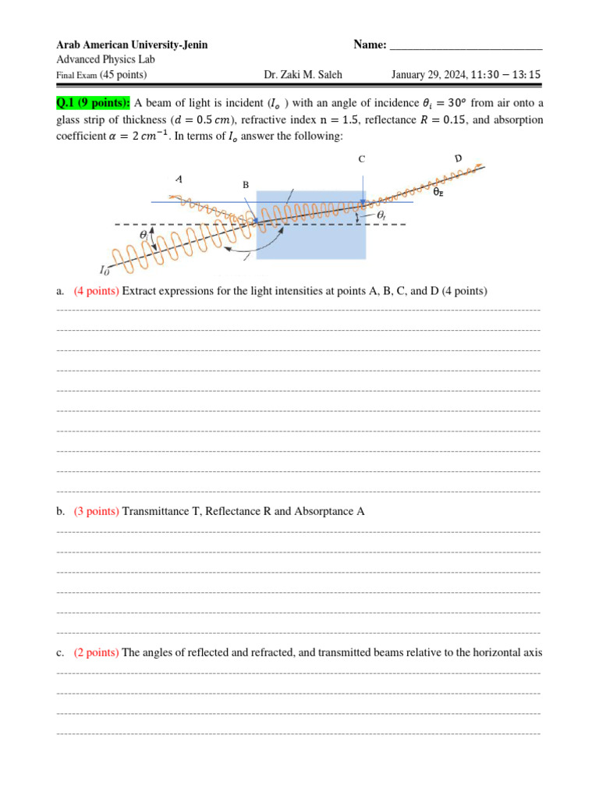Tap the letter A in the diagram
179,179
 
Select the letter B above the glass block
245,185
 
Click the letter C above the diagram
361,159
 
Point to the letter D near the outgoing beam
458,160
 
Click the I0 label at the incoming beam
105,270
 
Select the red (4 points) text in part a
97,291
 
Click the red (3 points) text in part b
97,511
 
